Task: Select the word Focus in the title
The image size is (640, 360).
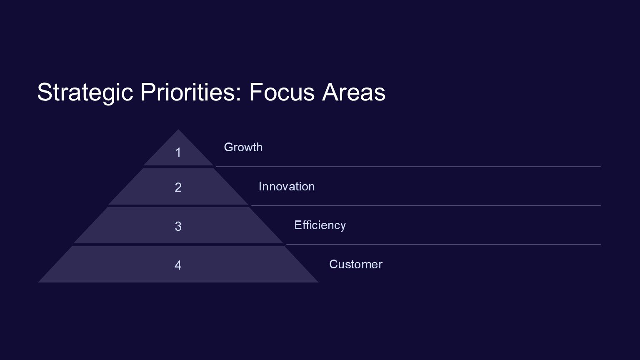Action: pyautogui.click(x=282, y=92)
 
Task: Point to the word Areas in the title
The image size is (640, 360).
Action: pyautogui.click(x=354, y=92)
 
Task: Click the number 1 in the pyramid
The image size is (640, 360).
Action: pyautogui.click(x=178, y=152)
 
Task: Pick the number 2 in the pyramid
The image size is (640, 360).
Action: pyautogui.click(x=178, y=187)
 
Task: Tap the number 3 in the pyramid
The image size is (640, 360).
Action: pyautogui.click(x=178, y=226)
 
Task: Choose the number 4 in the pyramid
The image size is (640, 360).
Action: pyautogui.click(x=178, y=265)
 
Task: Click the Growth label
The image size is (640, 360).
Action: pyautogui.click(x=243, y=147)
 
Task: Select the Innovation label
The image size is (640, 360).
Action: pyautogui.click(x=287, y=187)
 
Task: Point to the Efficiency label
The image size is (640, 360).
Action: pyautogui.click(x=320, y=225)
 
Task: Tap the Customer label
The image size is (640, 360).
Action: pyautogui.click(x=356, y=264)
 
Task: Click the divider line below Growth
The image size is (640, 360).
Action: pyautogui.click(x=408, y=167)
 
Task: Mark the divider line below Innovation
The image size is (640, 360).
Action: pyautogui.click(x=426, y=205)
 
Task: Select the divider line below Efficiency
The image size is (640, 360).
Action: pyautogui.click(x=443, y=245)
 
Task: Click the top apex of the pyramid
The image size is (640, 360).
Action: pyautogui.click(x=178, y=130)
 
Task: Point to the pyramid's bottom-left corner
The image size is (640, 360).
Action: pyautogui.click(x=38, y=282)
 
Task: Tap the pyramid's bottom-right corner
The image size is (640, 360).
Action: pyautogui.click(x=318, y=282)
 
